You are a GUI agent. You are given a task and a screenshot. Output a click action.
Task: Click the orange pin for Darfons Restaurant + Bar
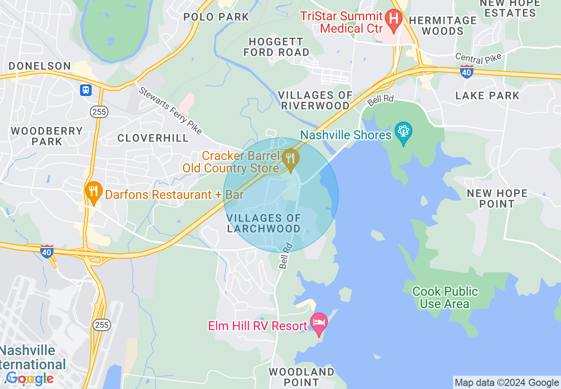point(93,192)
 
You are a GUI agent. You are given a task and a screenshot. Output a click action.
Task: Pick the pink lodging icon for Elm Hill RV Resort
point(319,322)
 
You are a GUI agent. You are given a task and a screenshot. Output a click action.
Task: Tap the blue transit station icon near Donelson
point(85,90)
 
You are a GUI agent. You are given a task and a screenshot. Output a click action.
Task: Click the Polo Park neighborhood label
point(217,17)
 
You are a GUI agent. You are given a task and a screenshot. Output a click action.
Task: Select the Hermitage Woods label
point(443,26)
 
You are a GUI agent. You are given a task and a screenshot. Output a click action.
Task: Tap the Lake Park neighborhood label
point(487,95)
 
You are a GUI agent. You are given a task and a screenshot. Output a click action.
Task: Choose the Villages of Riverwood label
point(315,100)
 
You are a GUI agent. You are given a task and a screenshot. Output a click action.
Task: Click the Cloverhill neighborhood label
point(153,138)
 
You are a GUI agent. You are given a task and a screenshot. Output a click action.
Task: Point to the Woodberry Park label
point(47,136)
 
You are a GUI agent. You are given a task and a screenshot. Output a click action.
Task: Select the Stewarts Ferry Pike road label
point(170,111)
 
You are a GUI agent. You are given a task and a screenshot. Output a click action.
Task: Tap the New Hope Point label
point(497,198)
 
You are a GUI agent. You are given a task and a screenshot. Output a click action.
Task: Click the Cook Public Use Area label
point(445,297)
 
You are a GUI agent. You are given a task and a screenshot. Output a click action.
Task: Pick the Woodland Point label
point(301,377)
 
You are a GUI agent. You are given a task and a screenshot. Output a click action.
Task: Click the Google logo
point(30,378)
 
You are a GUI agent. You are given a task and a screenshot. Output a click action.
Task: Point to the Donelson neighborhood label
point(40,66)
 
